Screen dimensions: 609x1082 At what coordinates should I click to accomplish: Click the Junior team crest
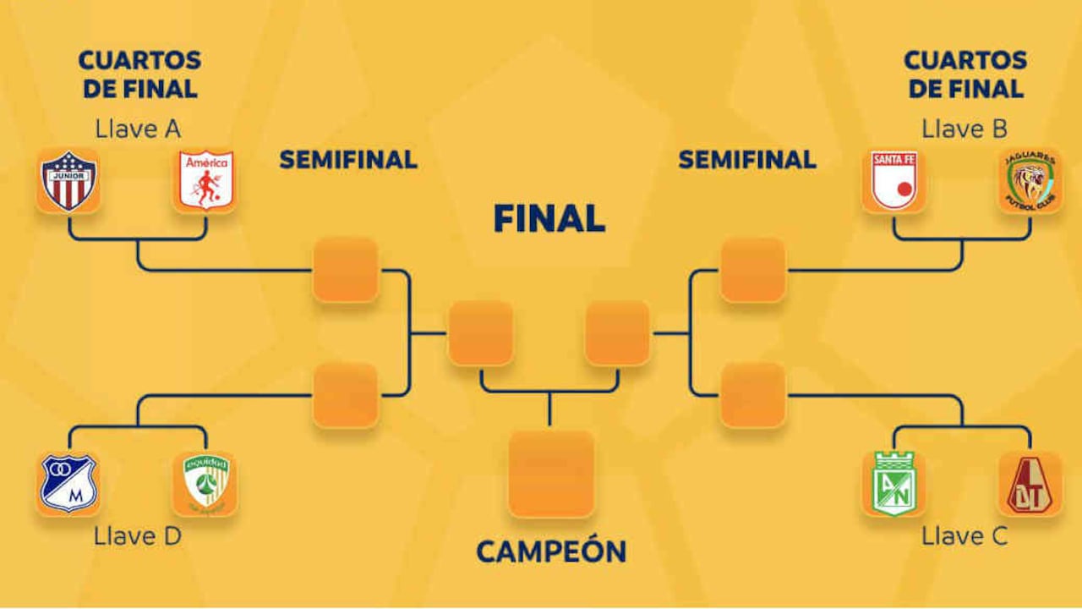(68, 181)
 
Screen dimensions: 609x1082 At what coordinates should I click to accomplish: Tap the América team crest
(205, 181)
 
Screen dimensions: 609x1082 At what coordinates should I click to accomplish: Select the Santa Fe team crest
(894, 181)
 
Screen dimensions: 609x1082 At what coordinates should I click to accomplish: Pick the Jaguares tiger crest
(1030, 181)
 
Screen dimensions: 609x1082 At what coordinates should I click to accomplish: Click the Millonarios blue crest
(68, 484)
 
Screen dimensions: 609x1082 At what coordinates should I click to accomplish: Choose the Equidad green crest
(205, 484)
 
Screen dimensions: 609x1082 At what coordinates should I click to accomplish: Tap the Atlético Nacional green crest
(894, 484)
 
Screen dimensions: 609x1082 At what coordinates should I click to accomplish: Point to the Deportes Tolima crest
(1030, 484)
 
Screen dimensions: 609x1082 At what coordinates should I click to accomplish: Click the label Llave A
(138, 129)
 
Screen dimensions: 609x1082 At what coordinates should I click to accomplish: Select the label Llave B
(965, 129)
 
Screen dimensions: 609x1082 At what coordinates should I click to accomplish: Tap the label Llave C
(965, 536)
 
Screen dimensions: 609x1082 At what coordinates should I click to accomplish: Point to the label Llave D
(138, 536)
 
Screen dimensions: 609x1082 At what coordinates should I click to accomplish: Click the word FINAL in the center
(549, 219)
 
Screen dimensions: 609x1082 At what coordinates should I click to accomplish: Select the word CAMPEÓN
(551, 551)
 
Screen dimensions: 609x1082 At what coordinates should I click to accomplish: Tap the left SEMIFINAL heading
(348, 159)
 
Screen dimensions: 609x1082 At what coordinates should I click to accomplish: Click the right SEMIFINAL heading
(747, 159)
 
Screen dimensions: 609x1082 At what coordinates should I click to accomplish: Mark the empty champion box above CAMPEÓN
(551, 474)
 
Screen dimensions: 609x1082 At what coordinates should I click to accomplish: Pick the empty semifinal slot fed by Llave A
(346, 270)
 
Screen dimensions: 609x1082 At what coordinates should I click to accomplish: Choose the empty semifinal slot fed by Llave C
(753, 395)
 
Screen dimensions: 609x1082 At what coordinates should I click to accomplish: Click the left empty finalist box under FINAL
(481, 332)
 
